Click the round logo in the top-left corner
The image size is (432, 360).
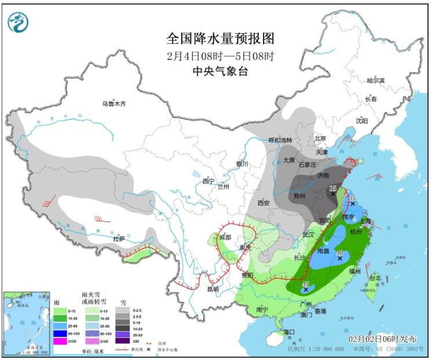(18, 21)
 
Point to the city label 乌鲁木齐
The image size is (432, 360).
(114, 104)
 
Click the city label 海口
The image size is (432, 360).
(290, 332)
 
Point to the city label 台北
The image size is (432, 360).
(375, 278)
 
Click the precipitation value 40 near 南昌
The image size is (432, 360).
(340, 254)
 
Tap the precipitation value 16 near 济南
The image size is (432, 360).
(332, 188)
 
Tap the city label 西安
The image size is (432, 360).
(263, 203)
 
